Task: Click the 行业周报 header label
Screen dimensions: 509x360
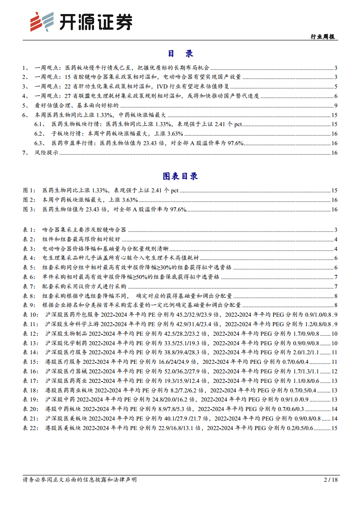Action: coord(323,37)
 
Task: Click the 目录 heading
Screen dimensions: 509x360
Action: coord(180,54)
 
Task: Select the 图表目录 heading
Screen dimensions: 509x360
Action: coord(180,176)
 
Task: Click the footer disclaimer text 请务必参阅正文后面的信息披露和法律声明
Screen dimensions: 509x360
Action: coord(79,479)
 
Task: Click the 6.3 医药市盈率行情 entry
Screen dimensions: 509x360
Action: coord(145,143)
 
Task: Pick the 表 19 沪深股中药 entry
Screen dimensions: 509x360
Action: coord(136,400)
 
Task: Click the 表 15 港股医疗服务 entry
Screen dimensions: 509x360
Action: coord(136,362)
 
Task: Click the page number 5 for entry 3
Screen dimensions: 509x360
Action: coord(335,86)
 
